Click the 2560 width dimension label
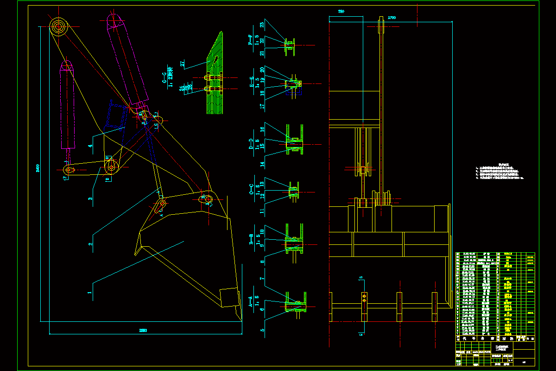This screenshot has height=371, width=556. pyautogui.click(x=143, y=330)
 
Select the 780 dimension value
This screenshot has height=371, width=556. pyautogui.click(x=341, y=11)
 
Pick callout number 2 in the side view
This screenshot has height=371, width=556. pyautogui.click(x=91, y=244)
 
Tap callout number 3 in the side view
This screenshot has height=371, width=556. pyautogui.click(x=91, y=198)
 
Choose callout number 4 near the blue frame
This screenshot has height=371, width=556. pyautogui.click(x=91, y=146)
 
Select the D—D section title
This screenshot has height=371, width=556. pyautogui.click(x=251, y=144)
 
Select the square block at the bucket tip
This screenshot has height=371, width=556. pyautogui.click(x=229, y=297)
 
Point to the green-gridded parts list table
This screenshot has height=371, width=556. pyautogui.click(x=495, y=294)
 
